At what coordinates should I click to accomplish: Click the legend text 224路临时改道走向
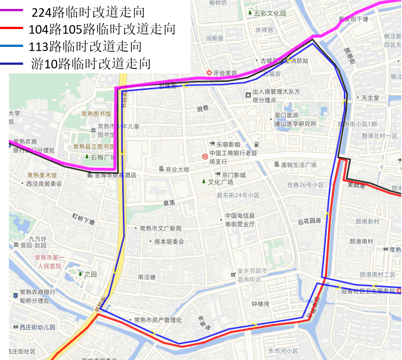point(88,12)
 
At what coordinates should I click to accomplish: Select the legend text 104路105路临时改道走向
point(102,29)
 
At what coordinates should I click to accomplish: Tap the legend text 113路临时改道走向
point(85,46)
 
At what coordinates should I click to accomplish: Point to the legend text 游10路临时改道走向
point(91,63)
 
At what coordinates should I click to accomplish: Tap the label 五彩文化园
point(270,13)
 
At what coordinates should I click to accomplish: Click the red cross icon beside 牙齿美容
point(209,73)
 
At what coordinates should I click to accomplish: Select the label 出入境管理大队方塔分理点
point(276,96)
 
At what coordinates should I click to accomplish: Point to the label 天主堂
point(370,98)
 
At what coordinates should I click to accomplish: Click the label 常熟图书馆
point(96,114)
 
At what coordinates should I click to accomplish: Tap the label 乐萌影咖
point(229,144)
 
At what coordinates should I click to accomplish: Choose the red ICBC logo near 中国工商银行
point(204,157)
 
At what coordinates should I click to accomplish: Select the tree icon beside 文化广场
point(204,182)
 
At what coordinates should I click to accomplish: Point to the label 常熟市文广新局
point(160,228)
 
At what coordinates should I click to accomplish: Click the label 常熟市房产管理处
point(158,320)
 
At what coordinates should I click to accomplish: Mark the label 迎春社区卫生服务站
point(368,291)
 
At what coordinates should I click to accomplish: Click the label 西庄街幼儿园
point(37,327)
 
